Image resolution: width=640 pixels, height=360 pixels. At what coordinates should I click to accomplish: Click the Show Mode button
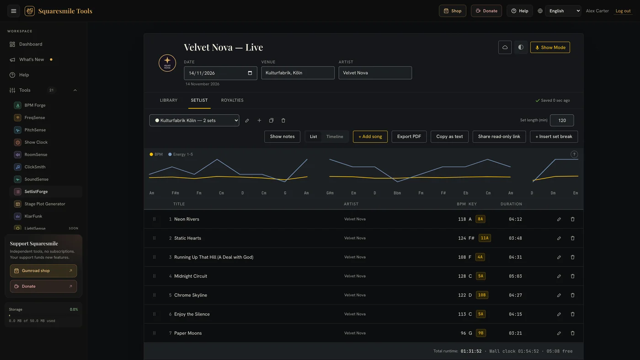coord(550,48)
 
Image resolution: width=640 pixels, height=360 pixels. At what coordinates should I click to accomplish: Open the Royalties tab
coord(232,100)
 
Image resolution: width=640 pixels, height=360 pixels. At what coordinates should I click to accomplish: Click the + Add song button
coord(370,137)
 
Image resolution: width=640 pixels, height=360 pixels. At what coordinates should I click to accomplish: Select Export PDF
coord(409,137)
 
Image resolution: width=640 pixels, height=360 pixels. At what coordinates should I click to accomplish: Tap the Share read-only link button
coord(499,137)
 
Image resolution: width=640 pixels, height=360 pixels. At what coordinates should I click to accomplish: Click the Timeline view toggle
coord(335,137)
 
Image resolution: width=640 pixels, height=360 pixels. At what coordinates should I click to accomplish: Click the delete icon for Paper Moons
coord(572,333)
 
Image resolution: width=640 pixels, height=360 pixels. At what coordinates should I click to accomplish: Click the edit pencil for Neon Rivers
coord(559,219)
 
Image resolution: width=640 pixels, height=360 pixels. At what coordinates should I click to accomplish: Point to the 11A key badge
coord(485,238)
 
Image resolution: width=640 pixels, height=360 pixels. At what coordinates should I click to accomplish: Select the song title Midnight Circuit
coord(191,276)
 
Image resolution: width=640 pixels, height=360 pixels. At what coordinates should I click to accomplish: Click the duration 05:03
coord(515,276)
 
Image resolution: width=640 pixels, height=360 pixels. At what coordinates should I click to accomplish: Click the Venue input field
coord(298,73)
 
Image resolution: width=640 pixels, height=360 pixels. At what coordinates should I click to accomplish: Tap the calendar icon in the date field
coord(250,73)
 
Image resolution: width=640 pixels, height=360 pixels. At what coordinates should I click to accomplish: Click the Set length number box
coord(562,120)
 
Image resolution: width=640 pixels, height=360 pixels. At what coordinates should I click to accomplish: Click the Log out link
coord(623,11)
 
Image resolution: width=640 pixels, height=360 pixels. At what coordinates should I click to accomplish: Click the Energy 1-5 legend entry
coord(181,154)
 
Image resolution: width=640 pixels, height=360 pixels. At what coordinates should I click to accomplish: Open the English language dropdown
coord(563,11)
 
